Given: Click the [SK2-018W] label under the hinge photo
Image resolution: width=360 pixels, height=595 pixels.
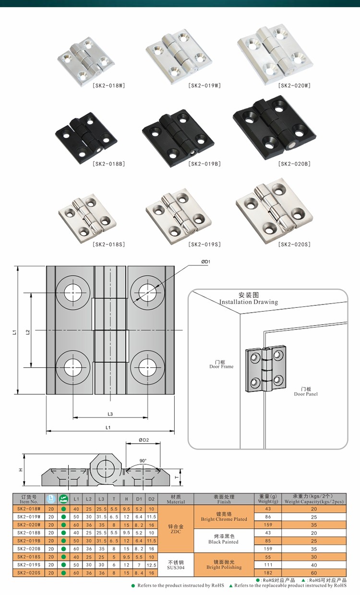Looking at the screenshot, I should pyautogui.click(x=108, y=85).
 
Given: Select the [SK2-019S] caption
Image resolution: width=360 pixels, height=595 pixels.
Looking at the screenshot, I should pyautogui.click(x=204, y=244).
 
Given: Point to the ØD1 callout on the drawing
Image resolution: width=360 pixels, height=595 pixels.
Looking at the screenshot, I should pyautogui.click(x=206, y=262).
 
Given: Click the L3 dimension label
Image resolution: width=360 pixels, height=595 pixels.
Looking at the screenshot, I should pyautogui.click(x=110, y=414).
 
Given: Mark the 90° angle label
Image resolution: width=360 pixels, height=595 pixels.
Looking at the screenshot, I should pyautogui.click(x=143, y=461).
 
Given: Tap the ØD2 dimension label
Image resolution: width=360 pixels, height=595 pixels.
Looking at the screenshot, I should pyautogui.click(x=144, y=440).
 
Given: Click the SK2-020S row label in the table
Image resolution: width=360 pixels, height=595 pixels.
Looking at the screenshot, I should pyautogui.click(x=29, y=572).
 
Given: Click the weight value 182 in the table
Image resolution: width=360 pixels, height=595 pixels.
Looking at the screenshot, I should pyautogui.click(x=268, y=572).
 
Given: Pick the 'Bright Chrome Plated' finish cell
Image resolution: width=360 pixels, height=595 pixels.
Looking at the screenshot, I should pyautogui.click(x=224, y=516).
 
